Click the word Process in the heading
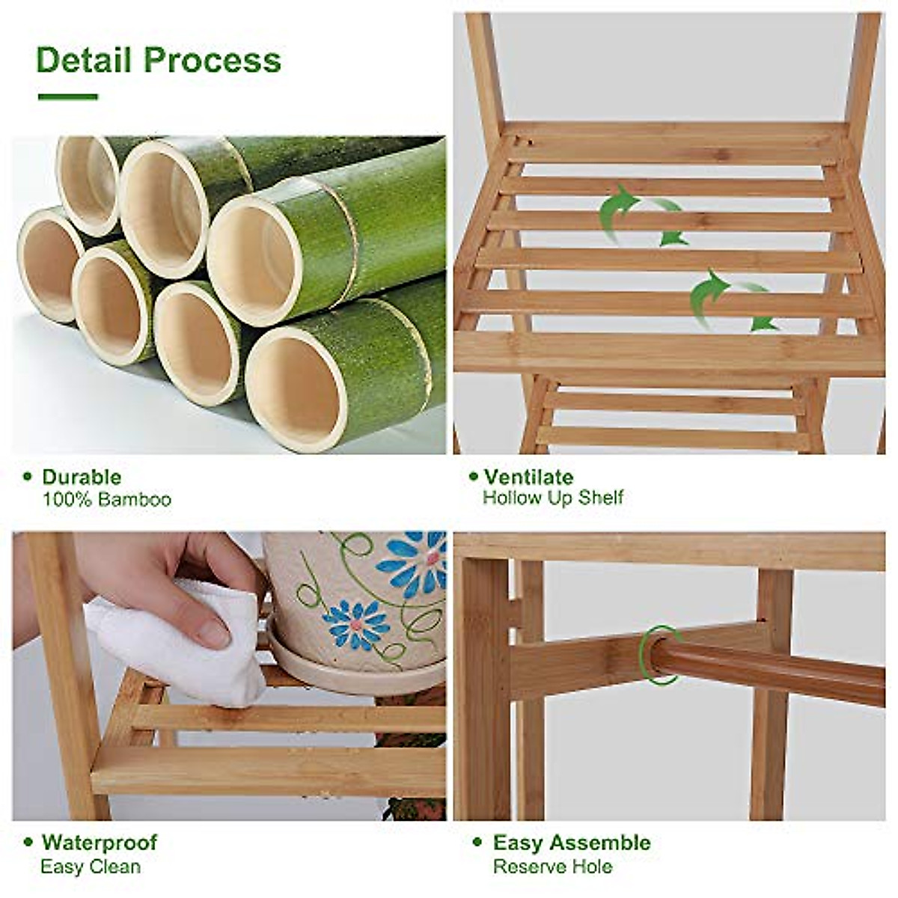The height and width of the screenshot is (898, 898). (213, 60)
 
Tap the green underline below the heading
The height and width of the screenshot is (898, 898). (67, 97)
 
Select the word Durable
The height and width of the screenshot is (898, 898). (81, 477)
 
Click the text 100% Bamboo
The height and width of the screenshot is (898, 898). (106, 499)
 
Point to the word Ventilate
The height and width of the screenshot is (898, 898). (528, 477)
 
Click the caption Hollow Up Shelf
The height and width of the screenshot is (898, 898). (552, 498)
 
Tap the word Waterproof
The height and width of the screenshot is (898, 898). (100, 842)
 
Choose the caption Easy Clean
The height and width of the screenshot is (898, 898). (90, 867)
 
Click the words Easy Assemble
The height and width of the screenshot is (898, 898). (571, 842)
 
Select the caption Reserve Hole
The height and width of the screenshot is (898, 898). (552, 867)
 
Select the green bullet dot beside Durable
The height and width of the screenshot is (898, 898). (28, 477)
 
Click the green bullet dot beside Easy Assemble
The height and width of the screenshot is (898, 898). (477, 842)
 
